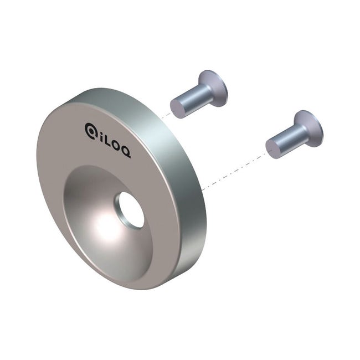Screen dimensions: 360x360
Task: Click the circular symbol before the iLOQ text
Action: [91, 130]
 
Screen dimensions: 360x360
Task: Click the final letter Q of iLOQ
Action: [126, 153]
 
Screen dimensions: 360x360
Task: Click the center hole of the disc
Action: [131, 209]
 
